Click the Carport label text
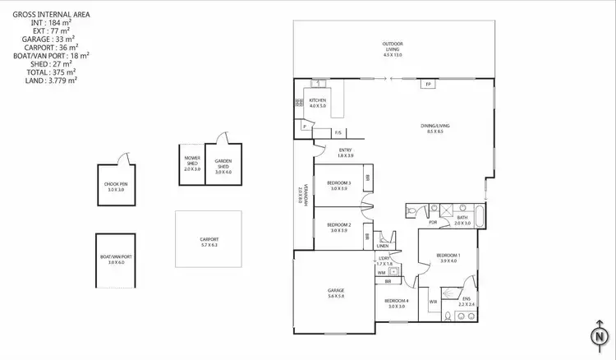(209, 242)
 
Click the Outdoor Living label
(392, 46)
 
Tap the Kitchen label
(318, 103)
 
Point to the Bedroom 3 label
(338, 185)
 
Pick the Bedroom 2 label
(338, 228)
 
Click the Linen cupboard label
(383, 246)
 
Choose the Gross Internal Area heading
(54, 14)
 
